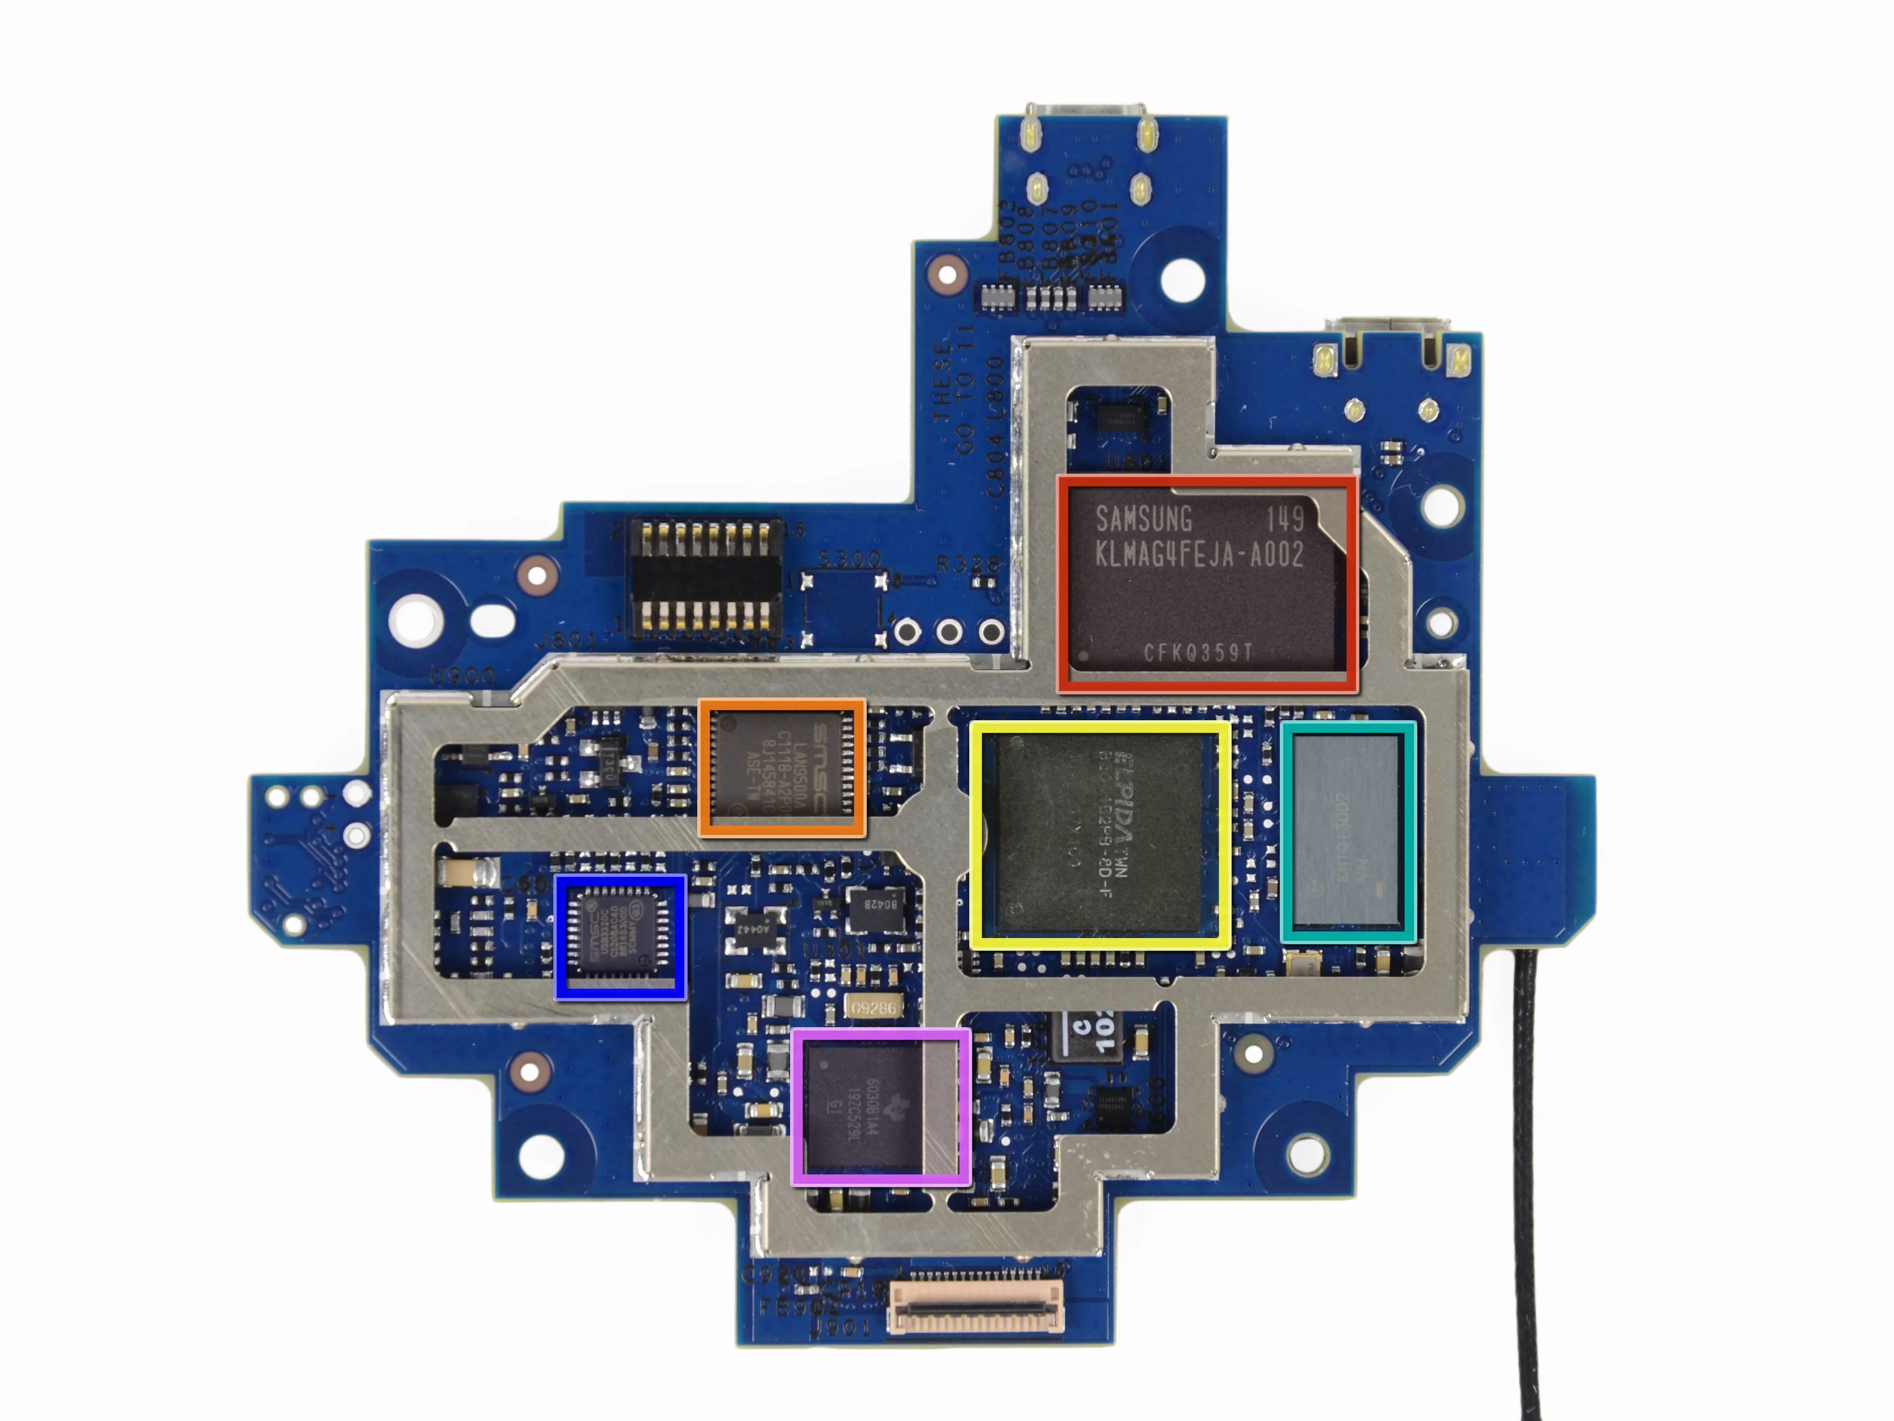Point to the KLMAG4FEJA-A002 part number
pyautogui.click(x=1199, y=555)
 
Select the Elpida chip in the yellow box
pyautogui.click(x=1100, y=835)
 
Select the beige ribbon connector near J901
pyautogui.click(x=976, y=1306)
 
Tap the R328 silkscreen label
pyautogui.click(x=967, y=564)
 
